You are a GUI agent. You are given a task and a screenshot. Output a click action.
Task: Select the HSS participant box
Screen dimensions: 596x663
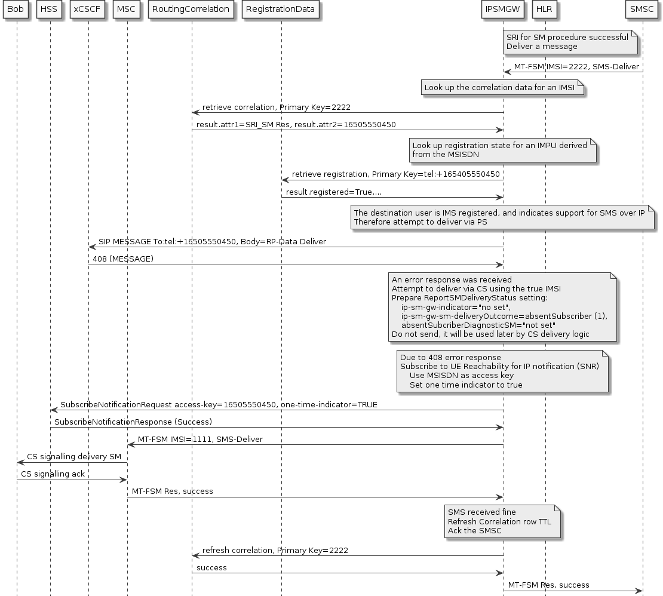click(x=50, y=9)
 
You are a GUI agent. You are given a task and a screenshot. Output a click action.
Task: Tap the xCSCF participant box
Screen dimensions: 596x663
click(x=88, y=9)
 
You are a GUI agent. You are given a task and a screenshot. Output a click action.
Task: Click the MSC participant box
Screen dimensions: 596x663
click(x=127, y=9)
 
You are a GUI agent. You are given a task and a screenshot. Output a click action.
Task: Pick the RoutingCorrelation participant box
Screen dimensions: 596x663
click(x=191, y=9)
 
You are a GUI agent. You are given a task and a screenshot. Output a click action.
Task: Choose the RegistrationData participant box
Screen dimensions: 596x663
click(x=281, y=9)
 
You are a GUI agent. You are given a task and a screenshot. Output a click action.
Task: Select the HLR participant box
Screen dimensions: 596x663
click(x=545, y=9)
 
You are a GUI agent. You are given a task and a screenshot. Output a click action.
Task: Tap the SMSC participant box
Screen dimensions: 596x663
click(x=642, y=9)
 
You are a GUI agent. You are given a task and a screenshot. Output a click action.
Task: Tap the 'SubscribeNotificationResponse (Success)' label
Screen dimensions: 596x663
click(x=133, y=422)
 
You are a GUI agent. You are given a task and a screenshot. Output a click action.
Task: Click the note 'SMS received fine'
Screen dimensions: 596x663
click(x=503, y=521)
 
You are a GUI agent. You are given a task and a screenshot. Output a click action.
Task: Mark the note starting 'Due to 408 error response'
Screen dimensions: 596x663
click(x=502, y=371)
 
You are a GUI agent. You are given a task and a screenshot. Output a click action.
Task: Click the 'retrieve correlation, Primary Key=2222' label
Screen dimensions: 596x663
click(x=276, y=107)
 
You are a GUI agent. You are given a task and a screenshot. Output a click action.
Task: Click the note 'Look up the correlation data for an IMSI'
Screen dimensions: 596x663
click(x=502, y=88)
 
